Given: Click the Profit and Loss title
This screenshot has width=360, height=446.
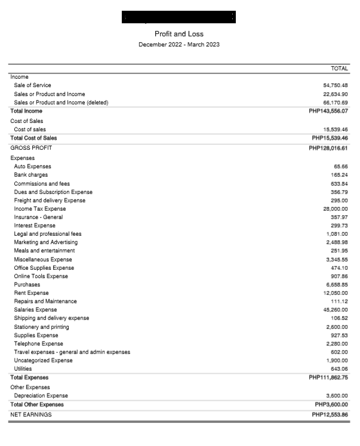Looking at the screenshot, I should [179, 34].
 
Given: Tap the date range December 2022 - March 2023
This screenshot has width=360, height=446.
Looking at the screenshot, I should [179, 45].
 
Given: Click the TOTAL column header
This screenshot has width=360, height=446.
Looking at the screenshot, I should [339, 69].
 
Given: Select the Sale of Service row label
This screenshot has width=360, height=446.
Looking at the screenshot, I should [32, 85].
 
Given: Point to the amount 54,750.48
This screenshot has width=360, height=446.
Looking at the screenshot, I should [335, 85].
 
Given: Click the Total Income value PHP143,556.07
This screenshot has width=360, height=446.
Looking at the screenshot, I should [328, 111].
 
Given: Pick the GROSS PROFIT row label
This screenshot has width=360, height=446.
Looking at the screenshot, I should [31, 148].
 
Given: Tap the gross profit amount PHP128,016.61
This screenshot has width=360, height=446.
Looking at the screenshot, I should [328, 148].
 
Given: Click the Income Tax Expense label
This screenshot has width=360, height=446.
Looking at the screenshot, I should [40, 209].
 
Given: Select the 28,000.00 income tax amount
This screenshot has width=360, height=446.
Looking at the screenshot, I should [335, 209].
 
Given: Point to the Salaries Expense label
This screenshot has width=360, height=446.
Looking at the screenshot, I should [35, 310].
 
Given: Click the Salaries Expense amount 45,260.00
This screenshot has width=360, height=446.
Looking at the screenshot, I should [335, 310].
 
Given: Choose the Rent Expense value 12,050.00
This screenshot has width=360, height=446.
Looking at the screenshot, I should [335, 293].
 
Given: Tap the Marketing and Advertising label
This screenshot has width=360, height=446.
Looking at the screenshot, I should [45, 242].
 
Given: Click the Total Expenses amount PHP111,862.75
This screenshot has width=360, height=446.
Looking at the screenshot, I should [328, 377].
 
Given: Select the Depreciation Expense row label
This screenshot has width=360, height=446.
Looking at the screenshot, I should [41, 396].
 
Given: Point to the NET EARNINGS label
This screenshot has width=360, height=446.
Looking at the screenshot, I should [31, 414].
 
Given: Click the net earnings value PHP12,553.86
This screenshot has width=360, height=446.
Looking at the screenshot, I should [330, 414].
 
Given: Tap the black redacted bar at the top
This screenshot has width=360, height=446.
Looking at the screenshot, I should [179, 17].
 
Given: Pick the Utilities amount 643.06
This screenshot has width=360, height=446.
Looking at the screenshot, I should [339, 368].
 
